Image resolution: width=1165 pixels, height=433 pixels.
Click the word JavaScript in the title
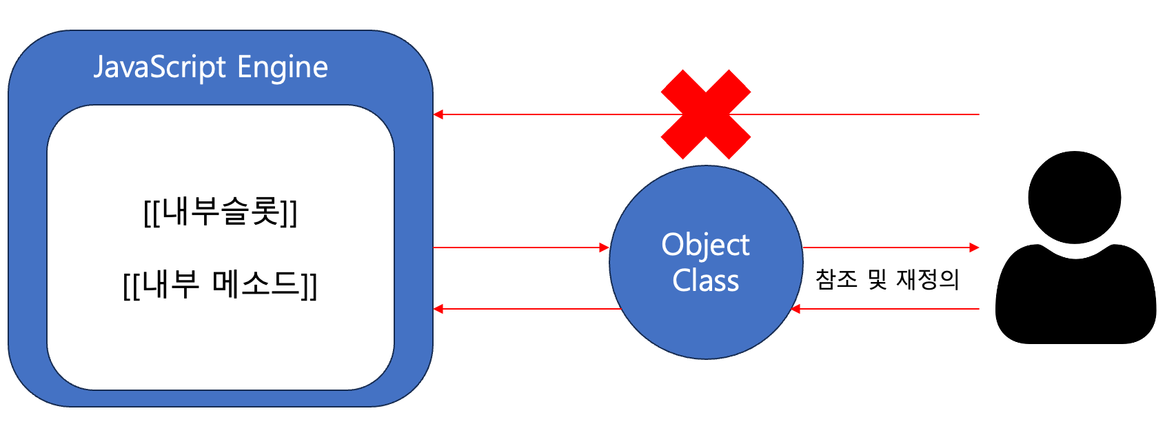pyautogui.click(x=160, y=68)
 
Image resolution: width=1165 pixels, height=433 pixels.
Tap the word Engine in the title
pyautogui.click(x=283, y=68)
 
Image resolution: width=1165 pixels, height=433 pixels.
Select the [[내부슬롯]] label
pyautogui.click(x=220, y=212)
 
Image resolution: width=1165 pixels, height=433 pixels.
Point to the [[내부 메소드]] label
pyautogui.click(x=220, y=284)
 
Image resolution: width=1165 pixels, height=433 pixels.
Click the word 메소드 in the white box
pyautogui.click(x=256, y=283)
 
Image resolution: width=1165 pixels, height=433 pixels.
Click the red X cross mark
pyautogui.click(x=706, y=114)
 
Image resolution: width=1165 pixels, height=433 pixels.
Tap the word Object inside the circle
pyautogui.click(x=705, y=245)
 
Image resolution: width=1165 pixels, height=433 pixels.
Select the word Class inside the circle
pyautogui.click(x=705, y=281)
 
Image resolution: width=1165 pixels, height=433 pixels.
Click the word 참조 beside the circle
pyautogui.click(x=836, y=279)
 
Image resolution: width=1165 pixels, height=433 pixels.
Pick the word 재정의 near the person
pyautogui.click(x=927, y=279)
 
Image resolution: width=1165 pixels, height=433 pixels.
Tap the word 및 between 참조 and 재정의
pyautogui.click(x=877, y=279)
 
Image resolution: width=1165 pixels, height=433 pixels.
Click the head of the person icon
pyautogui.click(x=1074, y=197)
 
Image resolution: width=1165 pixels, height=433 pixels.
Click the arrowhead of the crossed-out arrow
pyautogui.click(x=438, y=114)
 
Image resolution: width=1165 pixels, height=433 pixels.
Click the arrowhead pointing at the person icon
pyautogui.click(x=974, y=248)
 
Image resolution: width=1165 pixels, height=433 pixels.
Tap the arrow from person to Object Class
pyautogui.click(x=889, y=309)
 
